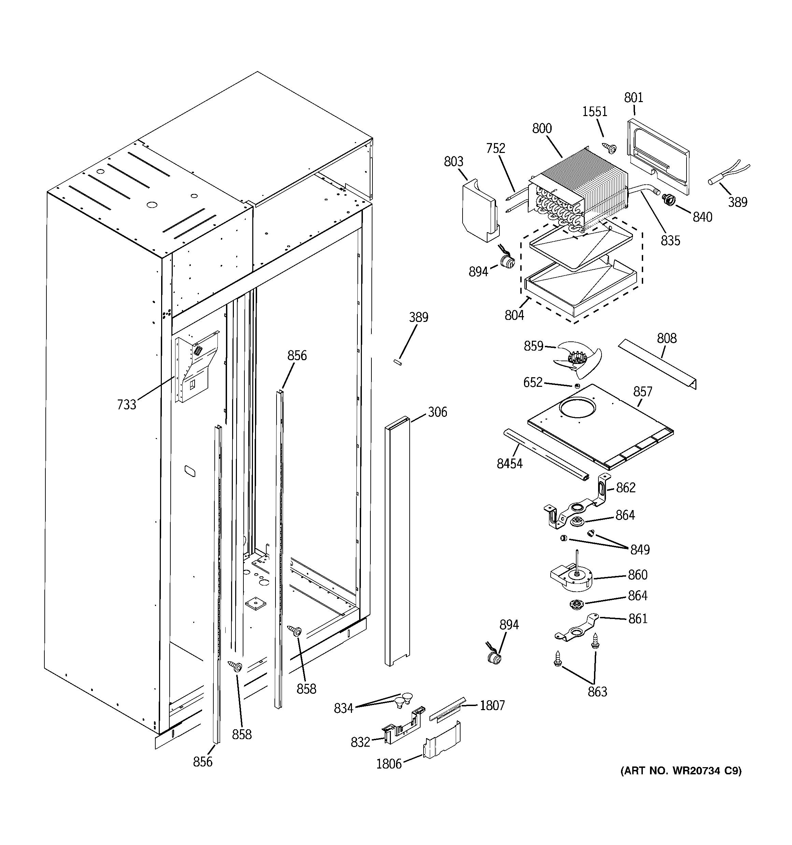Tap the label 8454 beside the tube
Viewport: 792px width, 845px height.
click(509, 463)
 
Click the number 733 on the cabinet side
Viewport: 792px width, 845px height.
click(127, 404)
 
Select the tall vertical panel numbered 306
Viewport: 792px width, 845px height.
click(397, 540)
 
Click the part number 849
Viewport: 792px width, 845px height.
click(640, 550)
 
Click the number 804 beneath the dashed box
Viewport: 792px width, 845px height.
click(514, 315)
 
